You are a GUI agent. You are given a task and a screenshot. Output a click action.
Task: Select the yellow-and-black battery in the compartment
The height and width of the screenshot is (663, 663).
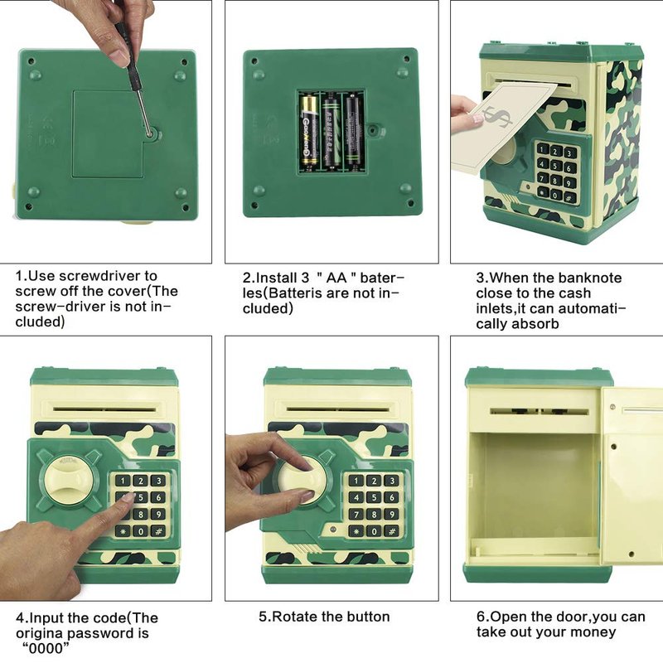(309, 131)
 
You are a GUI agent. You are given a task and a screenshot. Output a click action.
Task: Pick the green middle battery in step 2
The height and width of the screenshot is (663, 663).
(331, 132)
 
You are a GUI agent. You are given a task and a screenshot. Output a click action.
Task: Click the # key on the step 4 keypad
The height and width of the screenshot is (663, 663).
(158, 531)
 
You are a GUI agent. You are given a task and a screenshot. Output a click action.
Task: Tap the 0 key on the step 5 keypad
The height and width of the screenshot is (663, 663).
(374, 531)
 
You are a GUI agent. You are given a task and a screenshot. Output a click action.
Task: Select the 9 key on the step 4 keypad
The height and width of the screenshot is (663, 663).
(158, 515)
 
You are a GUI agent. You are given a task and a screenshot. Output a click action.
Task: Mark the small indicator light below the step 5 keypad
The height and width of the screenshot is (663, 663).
(333, 529)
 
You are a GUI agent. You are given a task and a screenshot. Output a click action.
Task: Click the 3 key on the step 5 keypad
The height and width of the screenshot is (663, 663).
(391, 481)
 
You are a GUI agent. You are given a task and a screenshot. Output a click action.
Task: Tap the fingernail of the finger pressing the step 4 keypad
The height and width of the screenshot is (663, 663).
(128, 498)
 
